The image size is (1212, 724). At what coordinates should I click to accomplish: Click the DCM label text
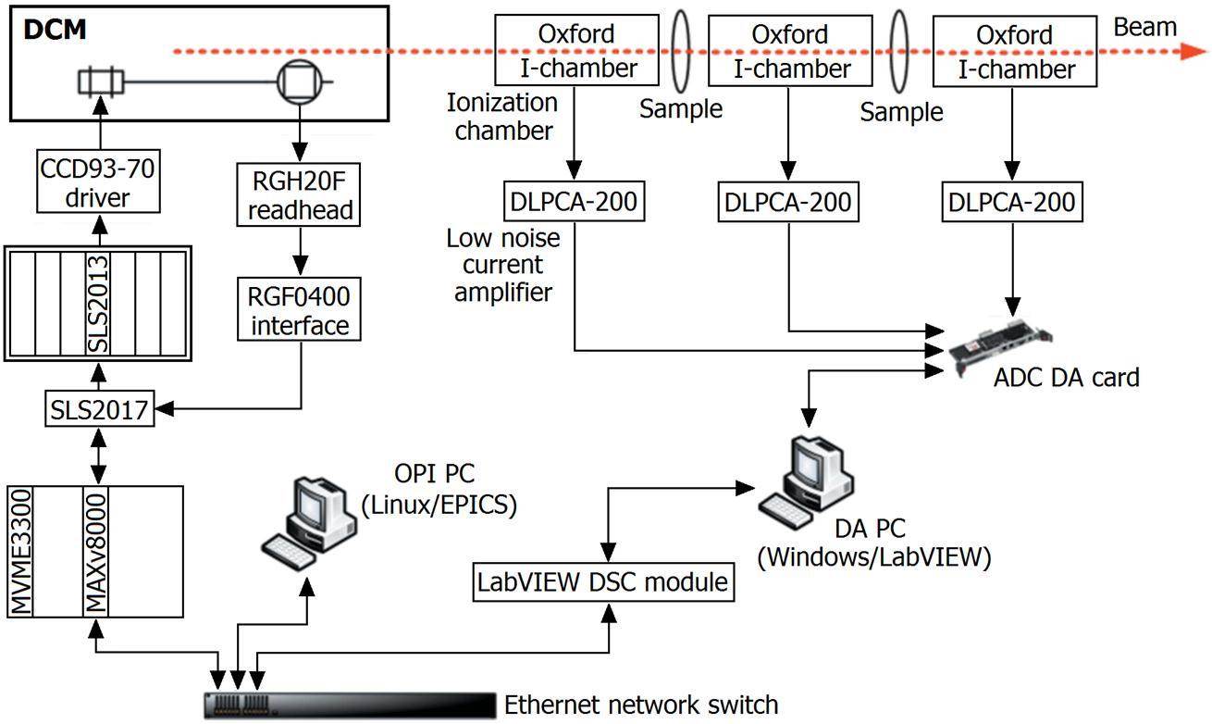(55, 29)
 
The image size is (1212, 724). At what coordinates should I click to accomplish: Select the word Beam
(1145, 27)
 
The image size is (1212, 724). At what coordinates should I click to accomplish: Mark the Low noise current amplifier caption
(504, 266)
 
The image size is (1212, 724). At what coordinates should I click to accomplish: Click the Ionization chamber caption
(502, 116)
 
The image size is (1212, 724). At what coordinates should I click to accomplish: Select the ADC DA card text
(1066, 377)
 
